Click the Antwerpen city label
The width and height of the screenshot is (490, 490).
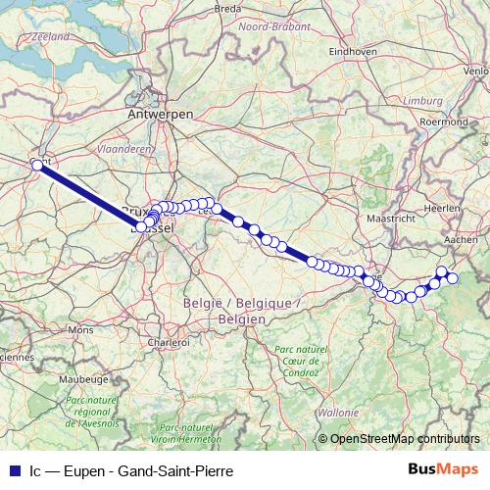tap(160, 115)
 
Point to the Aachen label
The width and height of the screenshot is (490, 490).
tap(460, 238)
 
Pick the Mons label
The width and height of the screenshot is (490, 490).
tap(80, 330)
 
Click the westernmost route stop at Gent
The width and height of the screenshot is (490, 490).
tap(37, 165)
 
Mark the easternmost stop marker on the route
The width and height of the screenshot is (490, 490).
tap(453, 279)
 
